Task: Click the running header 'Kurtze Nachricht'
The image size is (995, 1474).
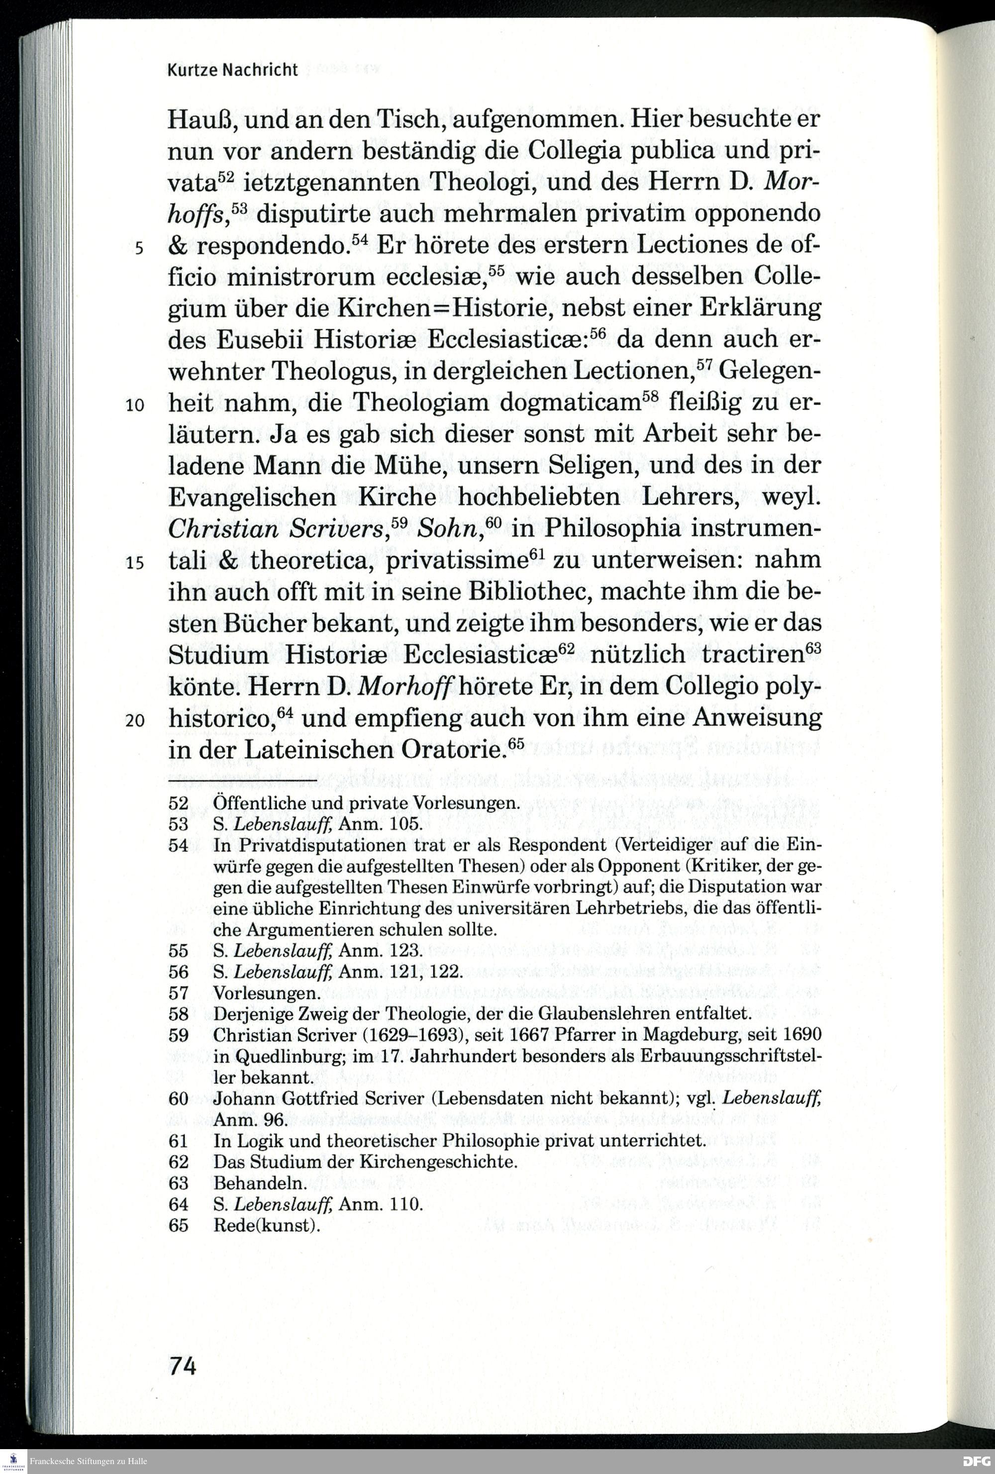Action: (232, 70)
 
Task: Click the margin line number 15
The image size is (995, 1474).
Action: (136, 563)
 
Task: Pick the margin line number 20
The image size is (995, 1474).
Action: (136, 720)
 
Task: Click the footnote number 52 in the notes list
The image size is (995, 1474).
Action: (178, 803)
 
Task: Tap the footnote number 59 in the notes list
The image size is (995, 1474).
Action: (178, 1035)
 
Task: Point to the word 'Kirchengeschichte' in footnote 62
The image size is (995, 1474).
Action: (438, 1162)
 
